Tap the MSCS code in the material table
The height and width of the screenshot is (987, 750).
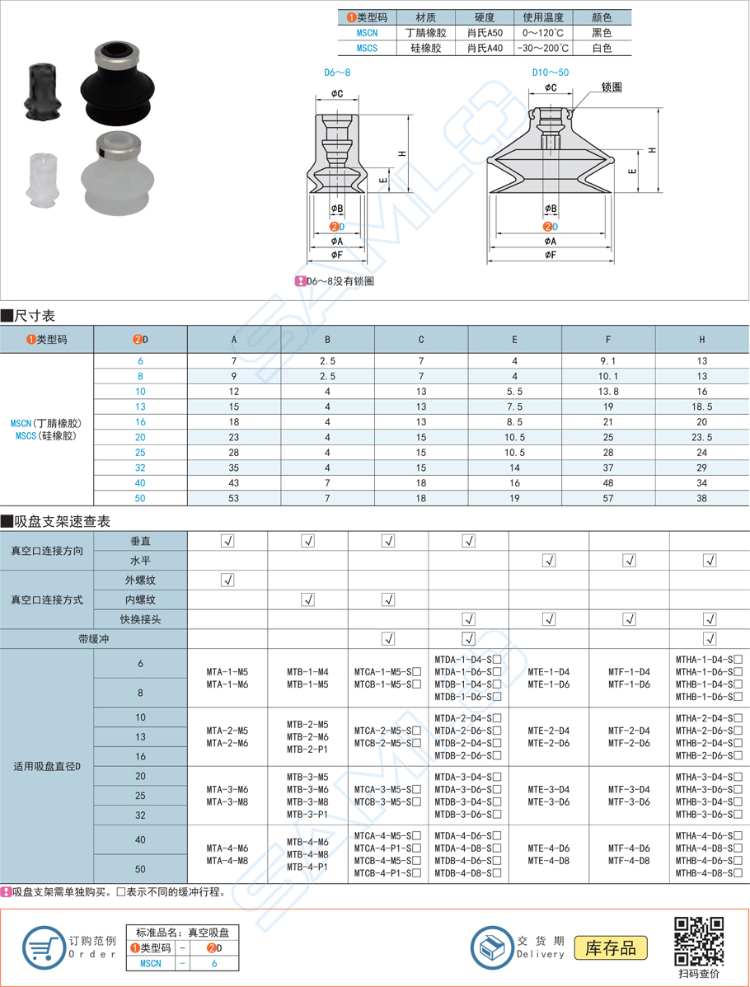(367, 48)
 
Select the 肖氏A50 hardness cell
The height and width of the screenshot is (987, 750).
(484, 32)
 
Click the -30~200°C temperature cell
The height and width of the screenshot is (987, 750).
(541, 48)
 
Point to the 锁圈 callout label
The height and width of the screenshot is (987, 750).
(612, 87)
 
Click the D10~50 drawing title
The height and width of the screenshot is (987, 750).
(550, 73)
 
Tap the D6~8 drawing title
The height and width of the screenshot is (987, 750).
(337, 73)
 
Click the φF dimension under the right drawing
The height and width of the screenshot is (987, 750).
(551, 255)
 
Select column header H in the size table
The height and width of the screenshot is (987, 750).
(701, 339)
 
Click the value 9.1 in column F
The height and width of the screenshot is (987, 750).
(608, 360)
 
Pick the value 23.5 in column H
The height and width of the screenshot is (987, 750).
(701, 437)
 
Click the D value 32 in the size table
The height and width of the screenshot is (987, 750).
(140, 468)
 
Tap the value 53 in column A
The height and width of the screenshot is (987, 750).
(234, 498)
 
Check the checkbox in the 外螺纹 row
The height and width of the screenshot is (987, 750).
(228, 580)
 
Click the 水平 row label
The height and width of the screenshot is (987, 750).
(140, 561)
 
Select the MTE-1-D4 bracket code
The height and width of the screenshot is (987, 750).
(548, 672)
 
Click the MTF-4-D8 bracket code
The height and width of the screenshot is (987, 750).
(629, 860)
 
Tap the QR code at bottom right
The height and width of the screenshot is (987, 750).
(699, 941)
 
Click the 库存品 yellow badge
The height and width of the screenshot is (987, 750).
(611, 947)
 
